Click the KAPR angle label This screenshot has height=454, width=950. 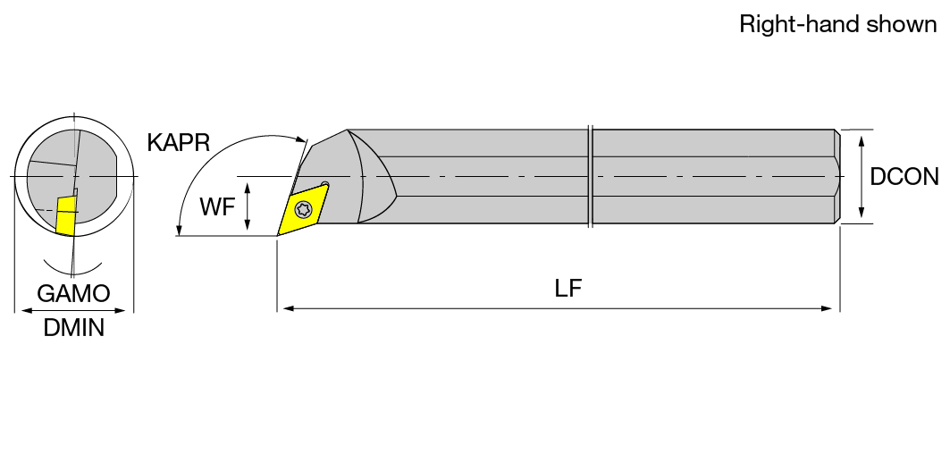178,143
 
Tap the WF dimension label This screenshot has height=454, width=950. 217,207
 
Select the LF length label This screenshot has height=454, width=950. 567,289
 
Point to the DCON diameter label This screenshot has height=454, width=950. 904,176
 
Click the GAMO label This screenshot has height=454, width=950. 73,293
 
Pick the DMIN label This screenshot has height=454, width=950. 74,329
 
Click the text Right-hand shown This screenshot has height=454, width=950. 838,25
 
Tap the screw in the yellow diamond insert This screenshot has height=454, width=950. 302,210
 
